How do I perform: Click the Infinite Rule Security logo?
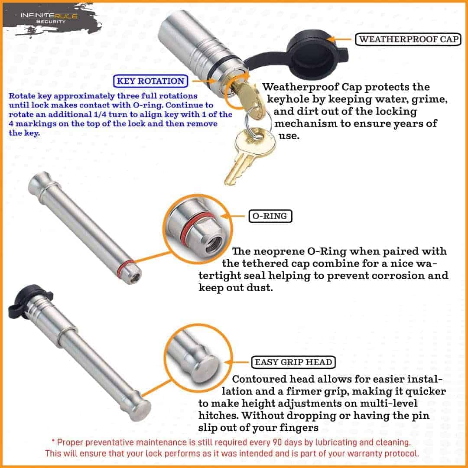pyautogui.click(x=49, y=18)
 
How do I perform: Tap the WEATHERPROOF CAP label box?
pyautogui.click(x=408, y=39)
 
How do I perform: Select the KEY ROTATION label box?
pyautogui.click(x=150, y=81)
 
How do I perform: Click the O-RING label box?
pyautogui.click(x=270, y=216)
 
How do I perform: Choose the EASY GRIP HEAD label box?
pyautogui.click(x=293, y=362)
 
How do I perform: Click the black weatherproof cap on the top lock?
pyautogui.click(x=313, y=50)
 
